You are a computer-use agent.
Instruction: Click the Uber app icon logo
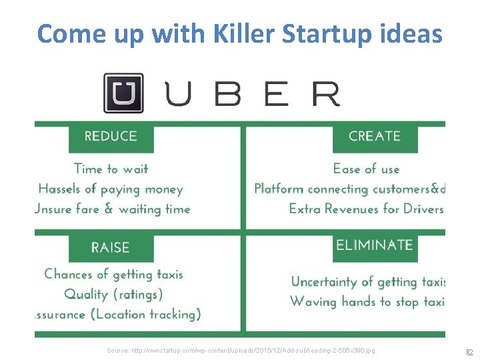click(123, 93)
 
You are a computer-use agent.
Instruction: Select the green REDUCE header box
click(111, 137)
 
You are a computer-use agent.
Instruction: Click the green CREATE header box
click(375, 137)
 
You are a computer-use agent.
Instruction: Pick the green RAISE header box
click(111, 247)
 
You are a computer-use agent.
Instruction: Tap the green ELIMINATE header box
click(375, 245)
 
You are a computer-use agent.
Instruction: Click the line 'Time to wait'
click(111, 169)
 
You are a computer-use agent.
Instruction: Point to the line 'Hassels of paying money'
click(111, 189)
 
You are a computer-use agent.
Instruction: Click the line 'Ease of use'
click(366, 169)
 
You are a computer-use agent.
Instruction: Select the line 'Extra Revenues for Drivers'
click(366, 209)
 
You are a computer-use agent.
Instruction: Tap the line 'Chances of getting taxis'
click(113, 274)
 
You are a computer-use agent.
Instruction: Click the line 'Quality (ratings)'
click(114, 294)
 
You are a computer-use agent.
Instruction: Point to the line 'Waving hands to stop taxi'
click(367, 301)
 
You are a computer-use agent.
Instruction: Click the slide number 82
click(469, 351)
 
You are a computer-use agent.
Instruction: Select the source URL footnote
click(241, 350)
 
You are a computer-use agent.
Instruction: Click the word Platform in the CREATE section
click(279, 189)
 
